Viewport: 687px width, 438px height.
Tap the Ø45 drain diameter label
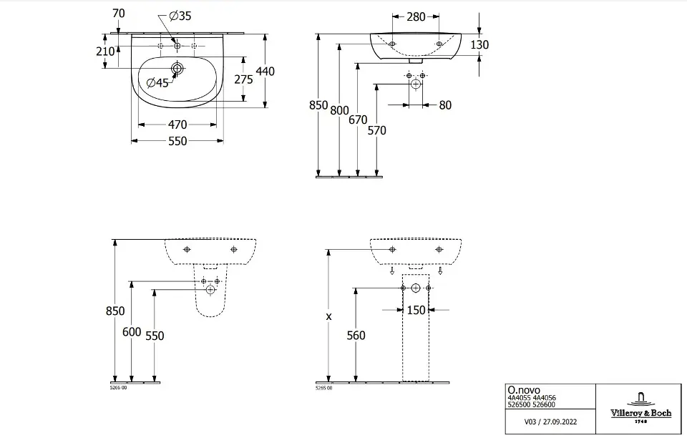(x=157, y=83)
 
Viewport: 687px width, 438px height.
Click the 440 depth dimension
(x=266, y=72)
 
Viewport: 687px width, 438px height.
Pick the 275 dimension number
(x=243, y=79)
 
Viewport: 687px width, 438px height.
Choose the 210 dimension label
(x=105, y=52)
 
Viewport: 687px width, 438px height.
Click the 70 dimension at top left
(x=119, y=12)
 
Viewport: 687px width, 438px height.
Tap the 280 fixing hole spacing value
(x=416, y=16)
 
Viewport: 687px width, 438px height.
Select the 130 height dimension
(x=479, y=45)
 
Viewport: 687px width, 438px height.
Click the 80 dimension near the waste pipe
(x=445, y=105)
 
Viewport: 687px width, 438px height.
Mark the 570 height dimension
(x=376, y=130)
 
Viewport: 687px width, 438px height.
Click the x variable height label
(x=328, y=316)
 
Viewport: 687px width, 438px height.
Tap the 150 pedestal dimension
(x=416, y=310)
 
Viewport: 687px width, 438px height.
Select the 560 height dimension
(x=356, y=336)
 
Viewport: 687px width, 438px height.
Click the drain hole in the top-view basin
(x=177, y=69)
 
